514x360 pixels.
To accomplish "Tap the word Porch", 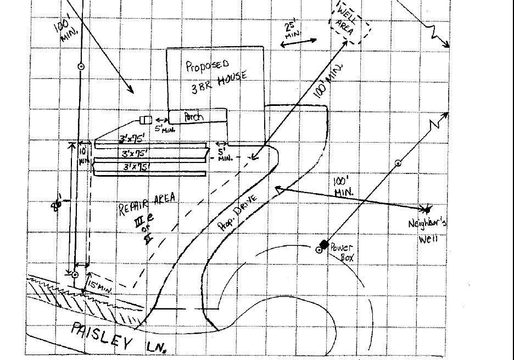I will click(193, 116).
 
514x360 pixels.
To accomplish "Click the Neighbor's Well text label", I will click(428, 230).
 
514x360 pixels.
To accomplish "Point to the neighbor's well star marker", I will click(427, 209).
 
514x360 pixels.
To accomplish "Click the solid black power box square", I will click(324, 244).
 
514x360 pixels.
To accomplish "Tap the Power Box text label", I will click(342, 252).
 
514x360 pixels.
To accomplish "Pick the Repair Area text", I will click(147, 204).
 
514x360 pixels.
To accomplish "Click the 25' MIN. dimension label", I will click(292, 30).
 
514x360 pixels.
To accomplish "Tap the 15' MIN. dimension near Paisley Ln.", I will click(99, 285).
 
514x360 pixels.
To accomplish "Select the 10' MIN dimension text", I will click(83, 155).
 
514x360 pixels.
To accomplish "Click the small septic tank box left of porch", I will click(146, 120).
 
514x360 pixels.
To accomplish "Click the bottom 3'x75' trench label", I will click(137, 166).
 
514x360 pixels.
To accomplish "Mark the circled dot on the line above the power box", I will click(398, 163).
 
